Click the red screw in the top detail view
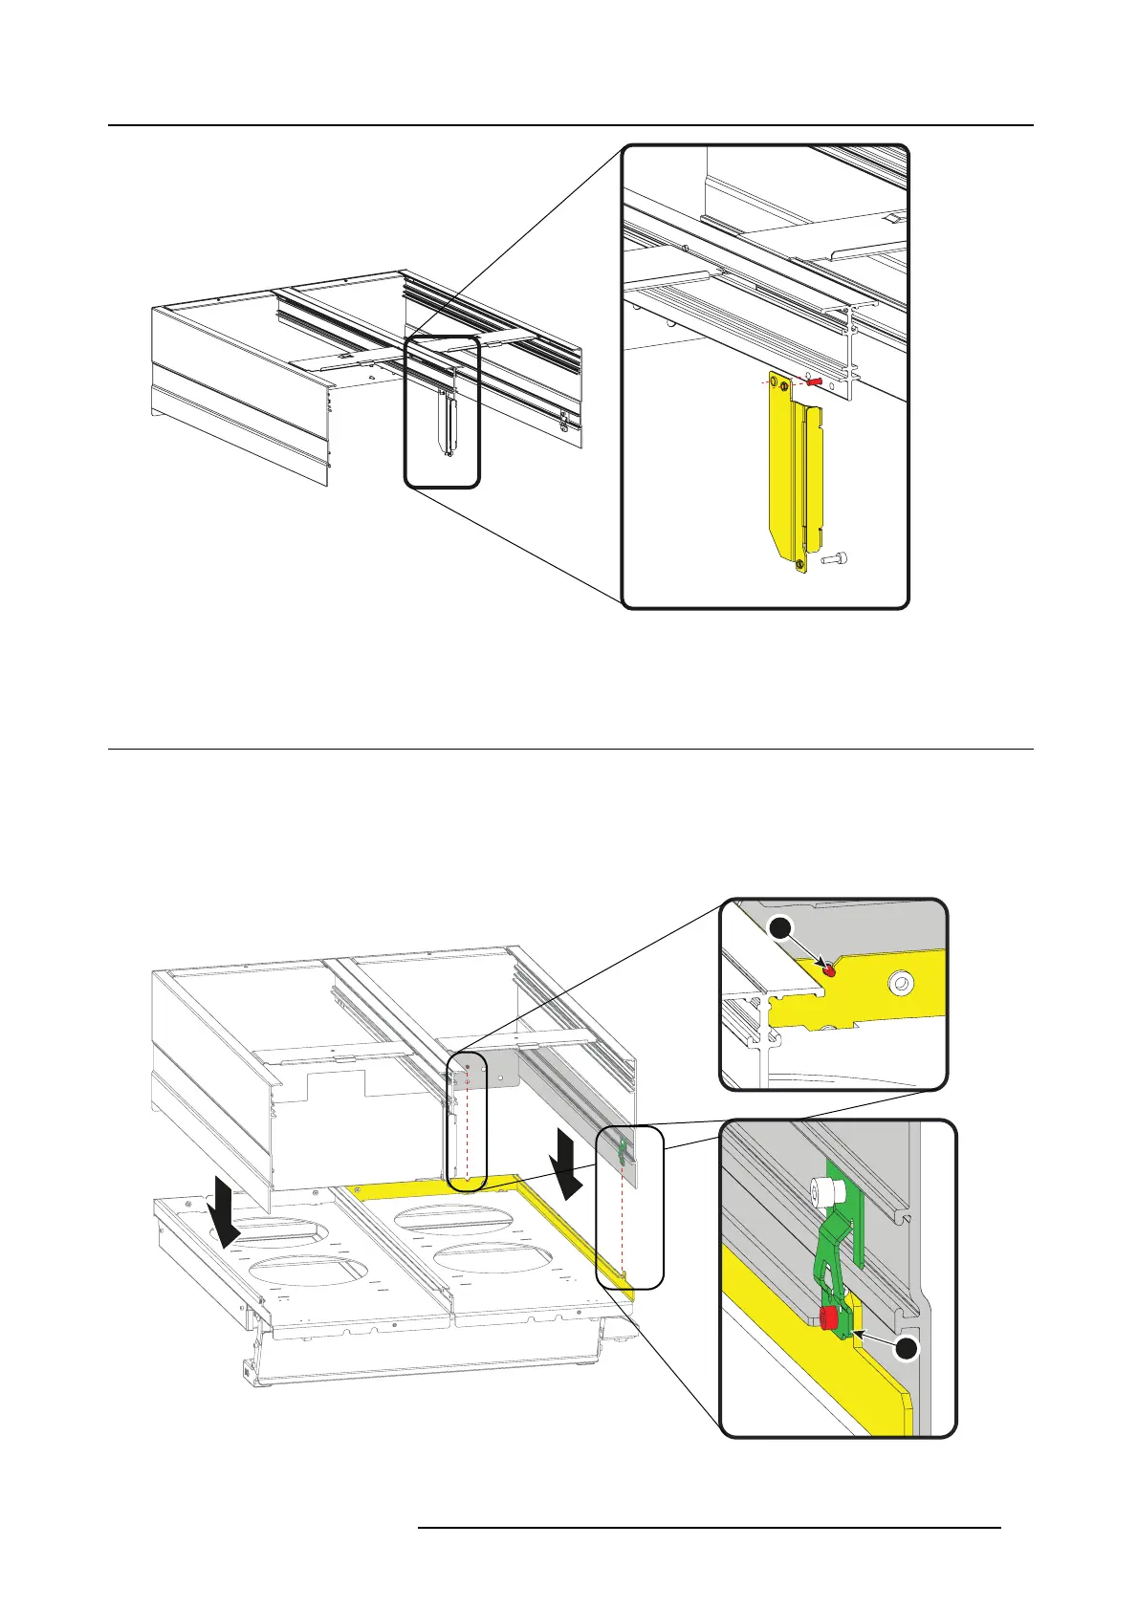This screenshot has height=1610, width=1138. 815,381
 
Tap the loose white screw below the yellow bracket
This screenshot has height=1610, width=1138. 837,560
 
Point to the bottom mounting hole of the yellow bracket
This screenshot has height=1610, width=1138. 800,565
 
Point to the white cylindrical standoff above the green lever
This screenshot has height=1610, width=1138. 823,1191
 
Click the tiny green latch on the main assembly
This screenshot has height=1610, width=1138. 623,1149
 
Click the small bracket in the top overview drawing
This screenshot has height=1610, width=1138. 447,422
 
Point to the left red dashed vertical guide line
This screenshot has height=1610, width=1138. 467,1128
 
